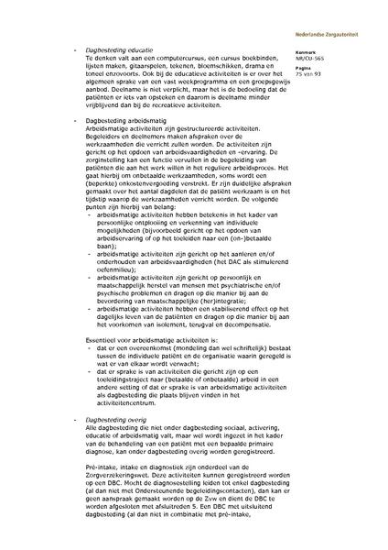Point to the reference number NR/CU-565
click(x=323, y=58)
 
